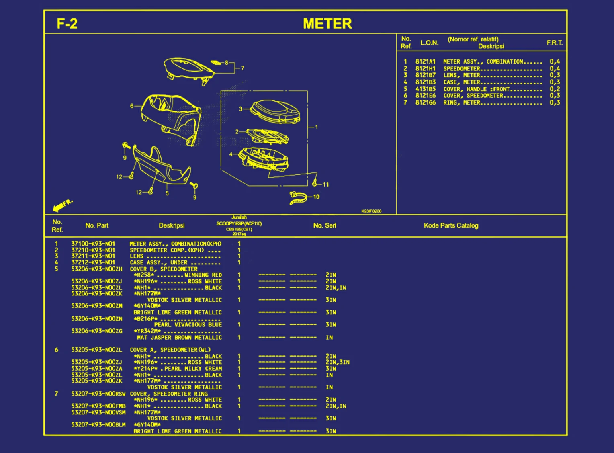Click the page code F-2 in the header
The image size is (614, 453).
pyautogui.click(x=67, y=24)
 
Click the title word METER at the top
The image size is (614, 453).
pyautogui.click(x=327, y=24)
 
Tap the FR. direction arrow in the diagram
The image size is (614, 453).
pyautogui.click(x=62, y=205)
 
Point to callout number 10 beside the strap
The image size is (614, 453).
pyautogui.click(x=316, y=197)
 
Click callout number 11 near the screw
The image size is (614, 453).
pyautogui.click(x=325, y=184)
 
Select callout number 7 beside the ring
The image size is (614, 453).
pyautogui.click(x=242, y=68)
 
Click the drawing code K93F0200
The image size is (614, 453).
pyautogui.click(x=371, y=211)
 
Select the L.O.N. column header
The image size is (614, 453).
pyautogui.click(x=429, y=43)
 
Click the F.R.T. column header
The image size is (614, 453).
pyautogui.click(x=555, y=43)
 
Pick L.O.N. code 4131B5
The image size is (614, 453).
pyautogui.click(x=426, y=89)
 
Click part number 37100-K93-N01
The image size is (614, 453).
pyautogui.click(x=93, y=244)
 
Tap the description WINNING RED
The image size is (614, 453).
pyautogui.click(x=203, y=275)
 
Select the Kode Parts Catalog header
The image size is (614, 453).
pyautogui.click(x=451, y=225)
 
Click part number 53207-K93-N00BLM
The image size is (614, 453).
pyautogui.click(x=98, y=424)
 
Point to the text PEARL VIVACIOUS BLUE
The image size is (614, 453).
pyautogui.click(x=188, y=325)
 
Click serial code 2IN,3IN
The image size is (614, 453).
pyautogui.click(x=338, y=362)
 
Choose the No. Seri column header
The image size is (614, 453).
pyautogui.click(x=324, y=225)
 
